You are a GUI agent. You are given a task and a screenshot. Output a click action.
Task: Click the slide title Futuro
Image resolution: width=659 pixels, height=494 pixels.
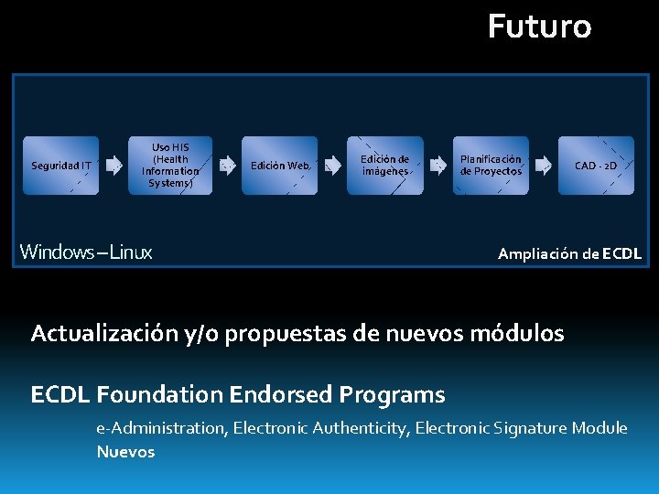click(539, 27)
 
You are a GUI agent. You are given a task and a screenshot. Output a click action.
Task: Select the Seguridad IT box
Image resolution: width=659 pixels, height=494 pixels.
click(60, 166)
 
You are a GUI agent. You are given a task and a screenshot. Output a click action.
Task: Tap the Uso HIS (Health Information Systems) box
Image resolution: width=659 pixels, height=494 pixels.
click(171, 166)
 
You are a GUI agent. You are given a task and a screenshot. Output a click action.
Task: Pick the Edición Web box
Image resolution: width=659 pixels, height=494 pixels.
click(279, 166)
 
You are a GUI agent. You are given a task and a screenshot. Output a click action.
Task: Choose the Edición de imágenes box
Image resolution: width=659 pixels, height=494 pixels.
click(385, 166)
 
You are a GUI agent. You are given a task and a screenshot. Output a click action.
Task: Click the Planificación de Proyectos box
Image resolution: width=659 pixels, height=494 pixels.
click(491, 166)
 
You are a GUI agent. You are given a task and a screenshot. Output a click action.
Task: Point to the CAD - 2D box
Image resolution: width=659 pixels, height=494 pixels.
click(596, 166)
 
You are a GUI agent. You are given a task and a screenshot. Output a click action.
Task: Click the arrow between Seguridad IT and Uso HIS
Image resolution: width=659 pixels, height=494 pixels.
click(114, 166)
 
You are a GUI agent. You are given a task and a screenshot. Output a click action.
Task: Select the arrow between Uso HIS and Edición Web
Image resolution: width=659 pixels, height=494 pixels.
click(225, 166)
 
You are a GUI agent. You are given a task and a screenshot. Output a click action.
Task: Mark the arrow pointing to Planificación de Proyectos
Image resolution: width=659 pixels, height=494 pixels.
click(438, 166)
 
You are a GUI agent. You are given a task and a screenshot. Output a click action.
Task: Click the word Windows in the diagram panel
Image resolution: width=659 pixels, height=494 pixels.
click(53, 252)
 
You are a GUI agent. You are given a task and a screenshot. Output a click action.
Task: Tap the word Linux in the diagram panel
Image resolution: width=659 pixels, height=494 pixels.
click(131, 252)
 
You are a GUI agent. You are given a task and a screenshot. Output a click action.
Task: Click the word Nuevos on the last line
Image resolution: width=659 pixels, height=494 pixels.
click(125, 452)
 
